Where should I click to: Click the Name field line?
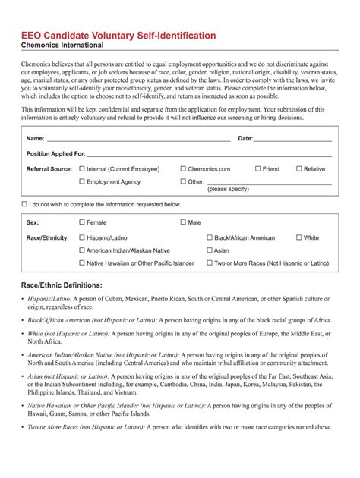(137, 140)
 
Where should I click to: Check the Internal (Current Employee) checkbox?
(83, 169)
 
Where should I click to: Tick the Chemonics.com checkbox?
(183, 169)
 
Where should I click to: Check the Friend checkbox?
(258, 169)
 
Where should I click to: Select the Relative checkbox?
(298, 169)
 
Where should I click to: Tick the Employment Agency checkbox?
(83, 182)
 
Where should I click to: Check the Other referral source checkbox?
(183, 182)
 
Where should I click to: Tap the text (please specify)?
(229, 190)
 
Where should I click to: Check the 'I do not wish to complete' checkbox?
(25, 205)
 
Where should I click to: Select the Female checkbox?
(83, 223)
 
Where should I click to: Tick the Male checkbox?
(183, 223)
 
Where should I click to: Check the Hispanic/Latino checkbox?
(83, 238)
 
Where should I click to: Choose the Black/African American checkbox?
(210, 238)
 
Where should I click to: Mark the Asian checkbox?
(210, 250)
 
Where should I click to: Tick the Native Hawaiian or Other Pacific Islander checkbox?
(83, 263)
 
